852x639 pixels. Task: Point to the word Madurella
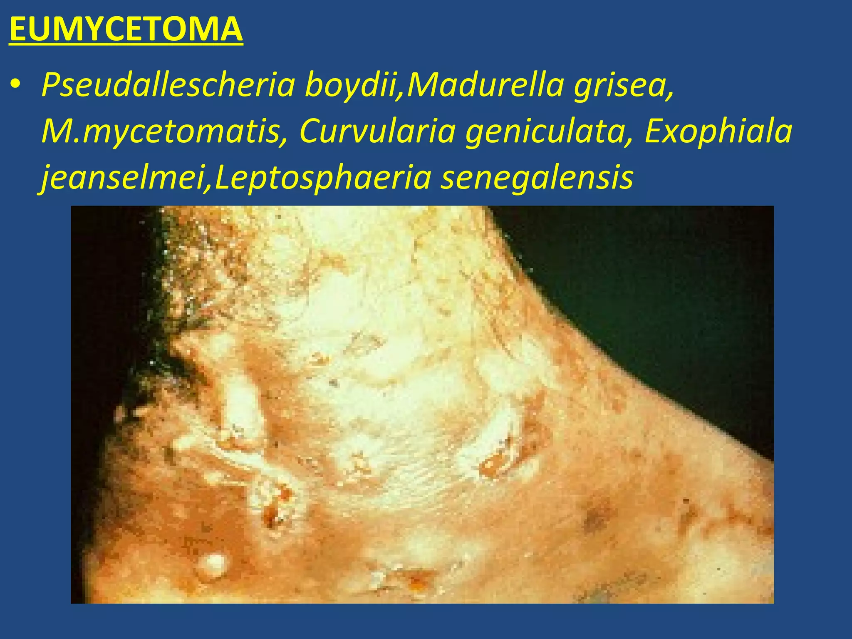(485, 84)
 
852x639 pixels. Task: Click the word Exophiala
(718, 131)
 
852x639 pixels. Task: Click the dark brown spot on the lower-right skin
(595, 520)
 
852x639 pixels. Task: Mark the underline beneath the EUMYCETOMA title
(126, 43)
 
